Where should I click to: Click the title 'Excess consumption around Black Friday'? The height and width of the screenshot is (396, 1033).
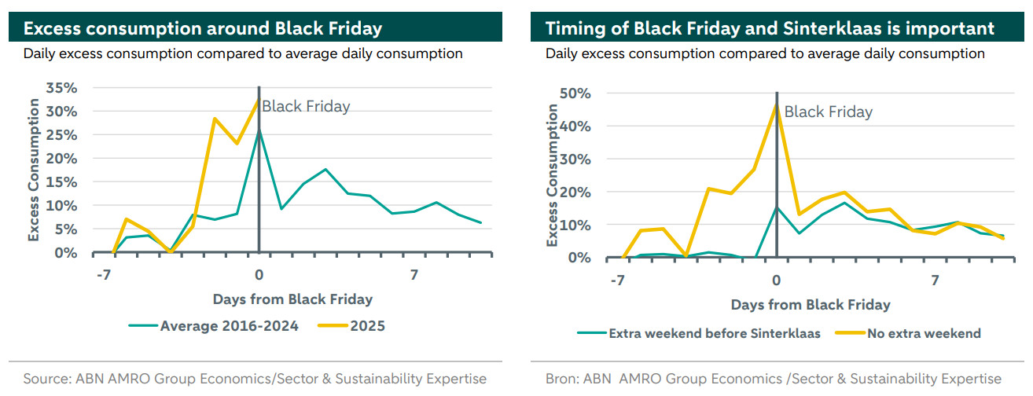[x=203, y=29]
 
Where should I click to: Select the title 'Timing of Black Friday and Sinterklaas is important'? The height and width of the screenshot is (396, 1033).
[x=770, y=29]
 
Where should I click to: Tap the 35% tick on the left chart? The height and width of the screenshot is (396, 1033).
[x=61, y=87]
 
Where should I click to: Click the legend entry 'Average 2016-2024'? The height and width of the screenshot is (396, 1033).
[x=229, y=325]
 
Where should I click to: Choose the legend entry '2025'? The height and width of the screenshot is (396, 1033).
[x=367, y=325]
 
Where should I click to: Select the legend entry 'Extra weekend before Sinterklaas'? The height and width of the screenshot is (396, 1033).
[x=714, y=333]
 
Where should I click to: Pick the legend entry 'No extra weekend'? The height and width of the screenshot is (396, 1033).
[x=924, y=333]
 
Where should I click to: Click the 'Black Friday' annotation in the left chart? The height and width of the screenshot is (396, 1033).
[x=306, y=107]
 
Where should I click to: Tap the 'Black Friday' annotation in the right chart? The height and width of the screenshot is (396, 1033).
[x=829, y=112]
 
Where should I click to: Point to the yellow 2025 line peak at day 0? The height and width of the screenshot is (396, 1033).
[x=258, y=101]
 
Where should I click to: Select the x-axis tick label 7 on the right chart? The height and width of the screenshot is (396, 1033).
[x=935, y=280]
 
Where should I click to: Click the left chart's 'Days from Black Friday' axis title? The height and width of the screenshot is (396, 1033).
[x=292, y=299]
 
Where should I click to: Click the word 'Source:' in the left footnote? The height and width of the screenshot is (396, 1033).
[x=47, y=379]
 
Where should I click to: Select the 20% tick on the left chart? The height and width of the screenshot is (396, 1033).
[x=61, y=158]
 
